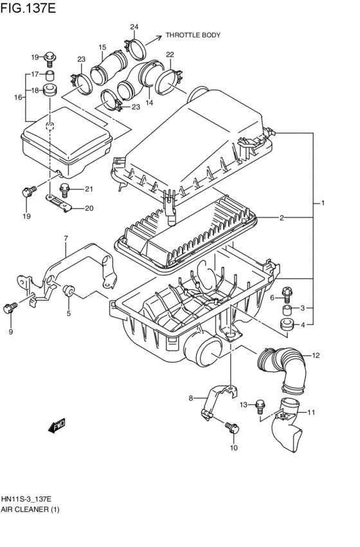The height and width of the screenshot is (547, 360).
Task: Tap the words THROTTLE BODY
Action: [193, 35]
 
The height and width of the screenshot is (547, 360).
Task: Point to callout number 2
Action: [282, 219]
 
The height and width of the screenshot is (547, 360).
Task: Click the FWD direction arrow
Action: [59, 425]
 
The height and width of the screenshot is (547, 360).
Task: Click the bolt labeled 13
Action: [260, 405]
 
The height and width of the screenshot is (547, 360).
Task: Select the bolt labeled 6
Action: [287, 294]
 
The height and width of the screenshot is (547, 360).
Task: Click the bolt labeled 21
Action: [65, 188]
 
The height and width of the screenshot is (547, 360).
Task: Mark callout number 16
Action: [18, 97]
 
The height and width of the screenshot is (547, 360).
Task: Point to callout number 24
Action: [134, 27]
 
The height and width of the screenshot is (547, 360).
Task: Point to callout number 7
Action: [66, 240]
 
